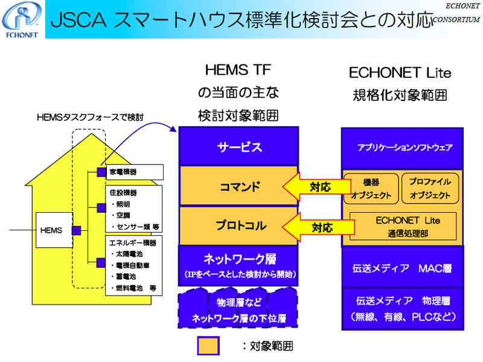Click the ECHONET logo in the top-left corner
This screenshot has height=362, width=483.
tap(22, 19)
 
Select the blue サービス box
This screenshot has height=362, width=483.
tap(238, 146)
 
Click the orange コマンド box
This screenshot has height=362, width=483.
tap(238, 186)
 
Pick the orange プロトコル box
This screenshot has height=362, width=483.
tap(238, 225)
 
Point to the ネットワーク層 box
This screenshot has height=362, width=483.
tap(238, 265)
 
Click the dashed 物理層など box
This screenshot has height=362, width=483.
tap(238, 308)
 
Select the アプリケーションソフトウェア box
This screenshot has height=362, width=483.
tap(402, 147)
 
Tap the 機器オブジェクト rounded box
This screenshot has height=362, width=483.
tap(371, 189)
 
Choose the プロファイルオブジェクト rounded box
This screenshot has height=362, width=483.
tap(430, 189)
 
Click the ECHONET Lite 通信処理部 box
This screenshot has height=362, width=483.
tap(403, 227)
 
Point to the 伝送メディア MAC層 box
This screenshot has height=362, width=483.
tap(402, 268)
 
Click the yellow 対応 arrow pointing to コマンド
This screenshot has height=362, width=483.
tap(316, 187)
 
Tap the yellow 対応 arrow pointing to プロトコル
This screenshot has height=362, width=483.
tap(318, 228)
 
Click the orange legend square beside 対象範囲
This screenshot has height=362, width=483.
tap(208, 346)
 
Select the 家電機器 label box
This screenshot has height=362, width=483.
tap(135, 172)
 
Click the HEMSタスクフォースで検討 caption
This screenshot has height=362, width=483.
tap(90, 117)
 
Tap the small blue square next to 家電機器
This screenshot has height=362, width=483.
tap(101, 172)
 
